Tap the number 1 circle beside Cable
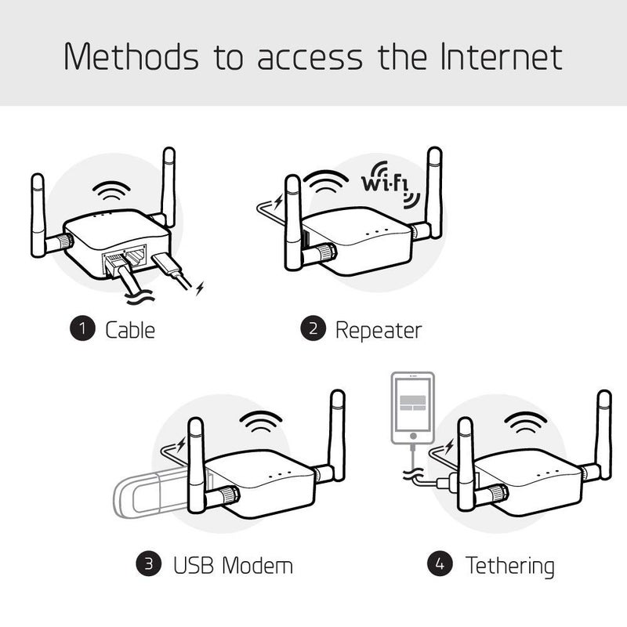tap(82, 329)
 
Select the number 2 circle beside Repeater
tap(312, 329)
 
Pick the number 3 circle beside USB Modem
tap(148, 564)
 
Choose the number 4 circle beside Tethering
tap(439, 564)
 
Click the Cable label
tap(130, 330)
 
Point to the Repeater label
tap(378, 330)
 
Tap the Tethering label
tap(509, 564)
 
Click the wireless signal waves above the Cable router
tap(113, 191)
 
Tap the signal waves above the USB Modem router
tap(261, 423)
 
